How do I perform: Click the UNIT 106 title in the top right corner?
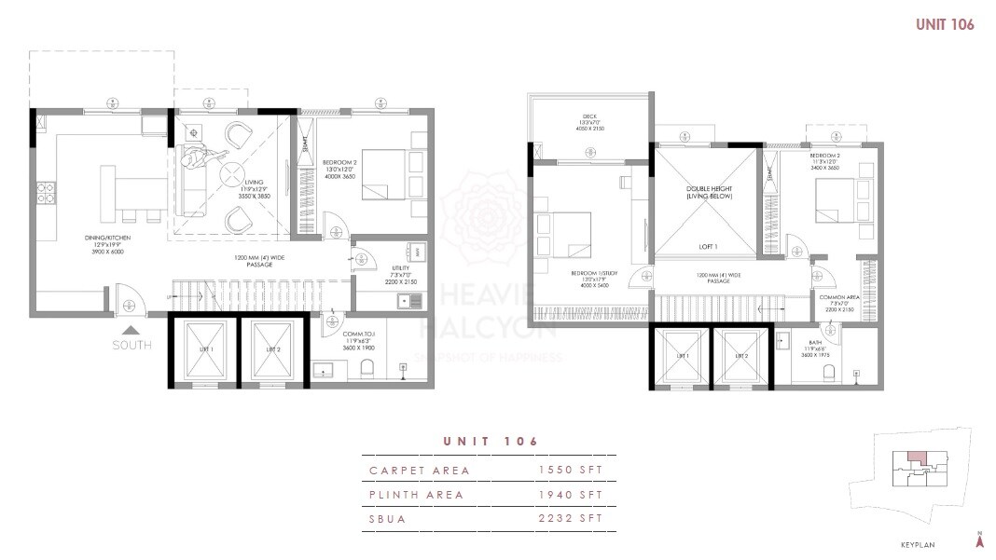coord(945,25)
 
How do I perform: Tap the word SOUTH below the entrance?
coord(131,346)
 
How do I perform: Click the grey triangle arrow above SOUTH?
coord(131,329)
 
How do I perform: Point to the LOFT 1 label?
coord(709,247)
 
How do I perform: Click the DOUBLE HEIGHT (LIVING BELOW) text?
coord(709,193)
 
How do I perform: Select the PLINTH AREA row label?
coord(416,495)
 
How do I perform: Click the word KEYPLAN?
coord(917,545)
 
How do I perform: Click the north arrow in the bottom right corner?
coord(979,541)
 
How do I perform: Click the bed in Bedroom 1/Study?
coord(563,232)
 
